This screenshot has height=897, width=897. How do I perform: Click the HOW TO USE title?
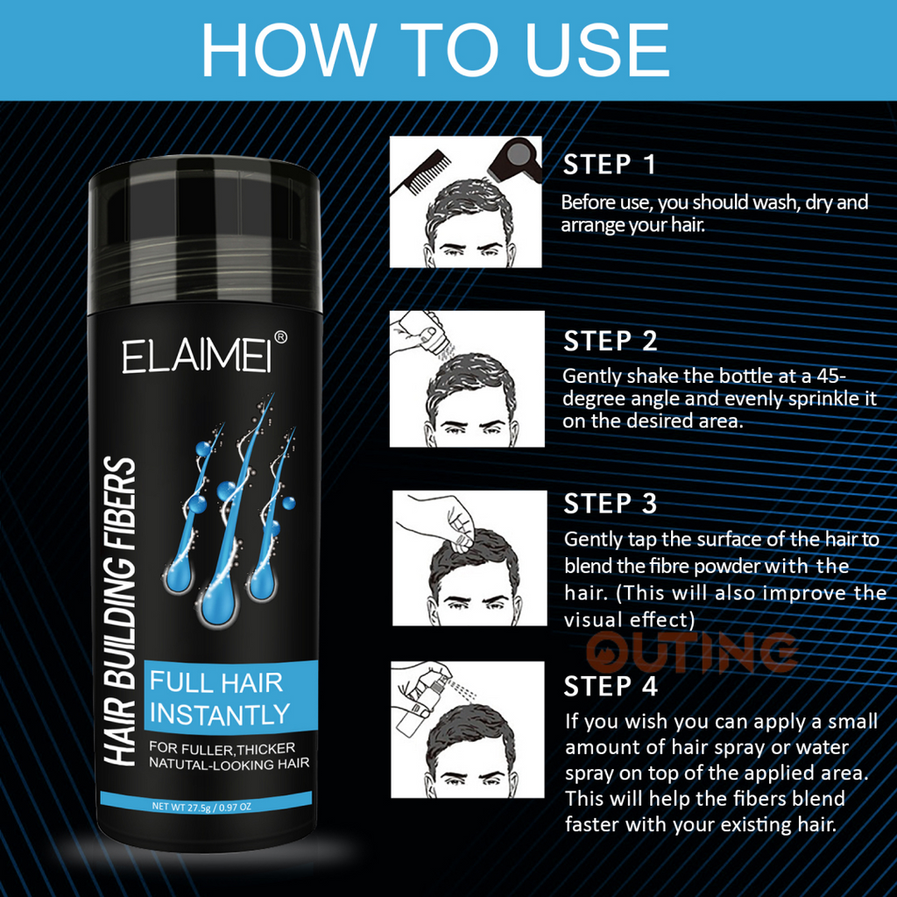435,50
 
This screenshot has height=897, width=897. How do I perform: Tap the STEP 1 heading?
609,165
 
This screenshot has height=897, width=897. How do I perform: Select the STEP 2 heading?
610,341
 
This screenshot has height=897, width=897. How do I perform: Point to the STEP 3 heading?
610,504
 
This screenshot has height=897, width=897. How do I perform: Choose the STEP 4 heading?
611,686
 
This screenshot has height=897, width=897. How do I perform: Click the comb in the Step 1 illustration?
420,171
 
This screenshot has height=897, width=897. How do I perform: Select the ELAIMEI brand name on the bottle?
196,357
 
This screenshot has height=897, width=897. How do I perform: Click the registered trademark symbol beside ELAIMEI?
280,337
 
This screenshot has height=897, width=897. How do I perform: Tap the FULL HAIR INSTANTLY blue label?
230,696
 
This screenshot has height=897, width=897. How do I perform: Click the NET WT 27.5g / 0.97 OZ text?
201,807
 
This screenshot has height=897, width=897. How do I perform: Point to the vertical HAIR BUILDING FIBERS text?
119,611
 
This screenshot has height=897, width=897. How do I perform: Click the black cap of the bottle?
203,235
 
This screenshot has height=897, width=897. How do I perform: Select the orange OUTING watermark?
692,652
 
